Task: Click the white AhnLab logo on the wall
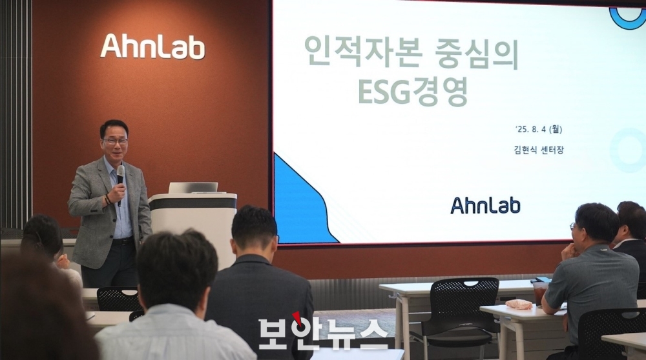(x=152, y=46)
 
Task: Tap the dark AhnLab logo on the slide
(x=485, y=205)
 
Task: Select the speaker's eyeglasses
(x=116, y=141)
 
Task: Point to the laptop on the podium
(x=193, y=188)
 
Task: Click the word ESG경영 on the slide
(x=413, y=92)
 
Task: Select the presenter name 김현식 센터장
(x=539, y=150)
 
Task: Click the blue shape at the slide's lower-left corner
(x=302, y=201)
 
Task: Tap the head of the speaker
(x=114, y=140)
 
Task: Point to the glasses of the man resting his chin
(x=572, y=226)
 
